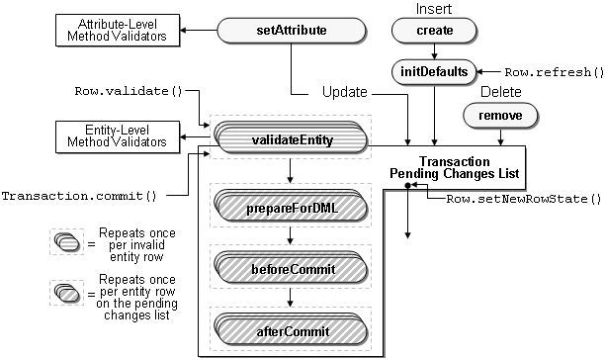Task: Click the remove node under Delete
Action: pyautogui.click(x=500, y=116)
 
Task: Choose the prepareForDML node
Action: pyautogui.click(x=289, y=209)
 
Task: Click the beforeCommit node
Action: pyautogui.click(x=289, y=268)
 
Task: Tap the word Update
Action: pyautogui.click(x=345, y=92)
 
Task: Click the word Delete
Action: pyautogui.click(x=500, y=92)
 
